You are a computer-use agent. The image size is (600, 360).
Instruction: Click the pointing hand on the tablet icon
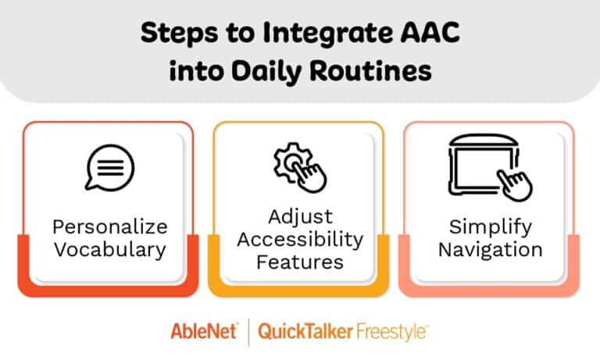click(x=516, y=184)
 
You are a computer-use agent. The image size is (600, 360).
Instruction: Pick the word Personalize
click(x=109, y=227)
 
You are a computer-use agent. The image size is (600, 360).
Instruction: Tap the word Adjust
click(x=299, y=216)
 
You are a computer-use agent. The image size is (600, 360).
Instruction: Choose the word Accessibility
click(x=299, y=238)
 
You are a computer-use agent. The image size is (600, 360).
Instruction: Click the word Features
click(x=299, y=261)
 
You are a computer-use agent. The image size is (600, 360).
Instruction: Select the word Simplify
click(x=490, y=227)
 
